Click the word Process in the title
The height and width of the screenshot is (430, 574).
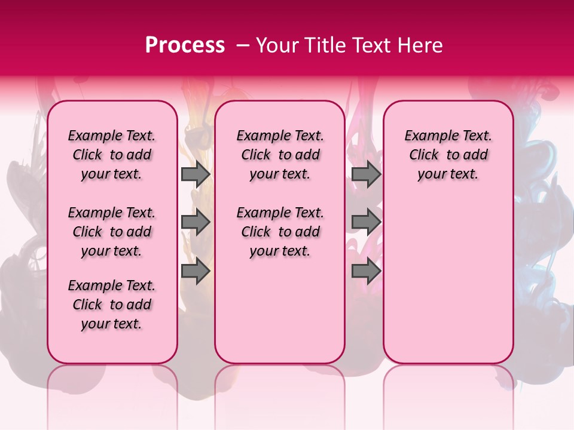185,45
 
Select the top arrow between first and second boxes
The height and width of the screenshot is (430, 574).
195,174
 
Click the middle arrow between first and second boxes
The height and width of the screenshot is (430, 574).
195,223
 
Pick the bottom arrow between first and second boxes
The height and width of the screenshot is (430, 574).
195,271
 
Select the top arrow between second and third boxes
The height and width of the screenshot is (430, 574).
366,174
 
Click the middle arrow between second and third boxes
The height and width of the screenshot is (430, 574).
366,223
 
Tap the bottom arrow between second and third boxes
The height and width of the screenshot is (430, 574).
366,271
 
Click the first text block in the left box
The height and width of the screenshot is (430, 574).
112,155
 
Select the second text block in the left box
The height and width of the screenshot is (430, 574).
112,232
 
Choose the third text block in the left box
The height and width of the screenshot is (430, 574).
112,305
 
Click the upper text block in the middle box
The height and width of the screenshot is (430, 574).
280,155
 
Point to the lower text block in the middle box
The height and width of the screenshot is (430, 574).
280,232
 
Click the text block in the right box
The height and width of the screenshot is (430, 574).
448,155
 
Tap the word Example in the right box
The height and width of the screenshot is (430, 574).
428,136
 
